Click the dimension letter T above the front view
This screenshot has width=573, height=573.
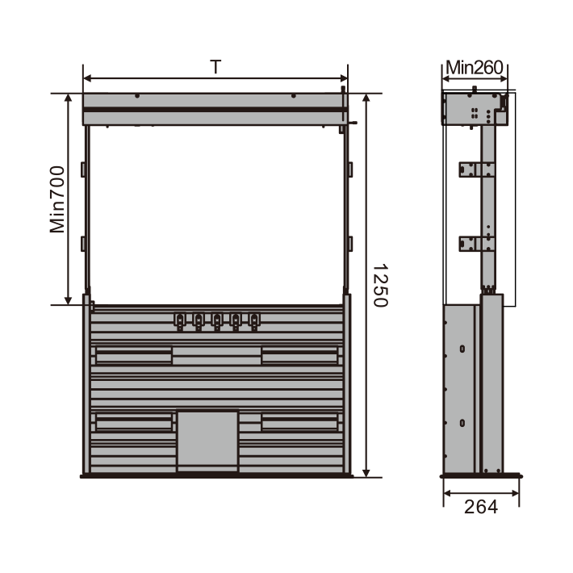(x=215, y=67)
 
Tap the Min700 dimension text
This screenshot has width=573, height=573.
(x=57, y=199)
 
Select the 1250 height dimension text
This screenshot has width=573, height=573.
(x=379, y=286)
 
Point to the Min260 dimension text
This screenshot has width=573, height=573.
(x=475, y=68)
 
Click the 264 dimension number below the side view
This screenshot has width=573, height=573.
(x=481, y=507)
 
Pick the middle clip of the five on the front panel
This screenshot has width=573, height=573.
(x=217, y=320)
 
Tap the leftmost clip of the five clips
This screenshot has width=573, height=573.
(x=180, y=320)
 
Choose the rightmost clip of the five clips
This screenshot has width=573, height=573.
(x=254, y=320)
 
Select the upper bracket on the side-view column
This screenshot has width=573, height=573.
(x=477, y=170)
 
